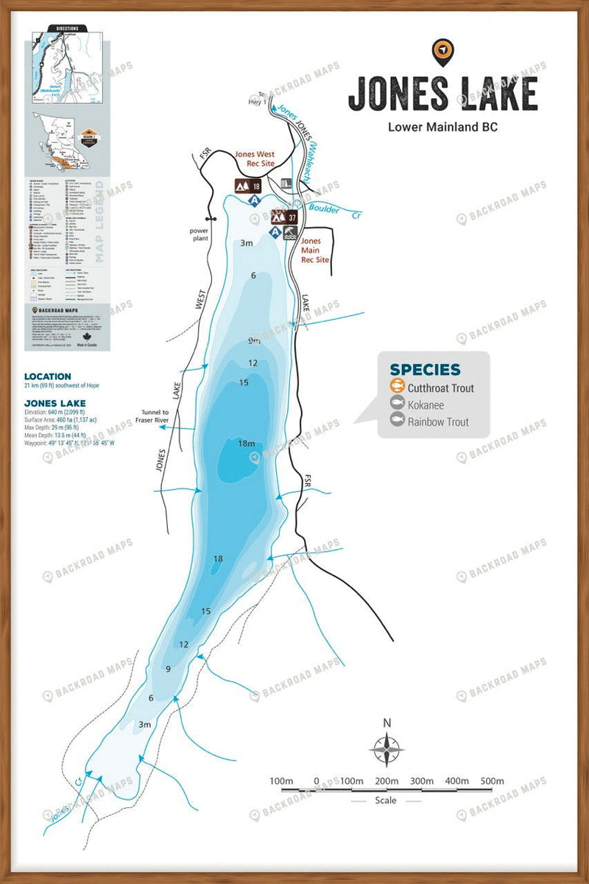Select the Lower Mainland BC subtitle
pos(442,126)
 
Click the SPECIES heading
pos(425,370)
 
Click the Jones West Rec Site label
pos(254,160)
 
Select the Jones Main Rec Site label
pos(311,250)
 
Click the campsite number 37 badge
pos(292,217)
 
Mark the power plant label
pos(199,234)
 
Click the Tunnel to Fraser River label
pos(152,416)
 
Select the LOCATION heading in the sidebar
pos(47,376)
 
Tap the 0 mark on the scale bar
pos(317,781)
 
